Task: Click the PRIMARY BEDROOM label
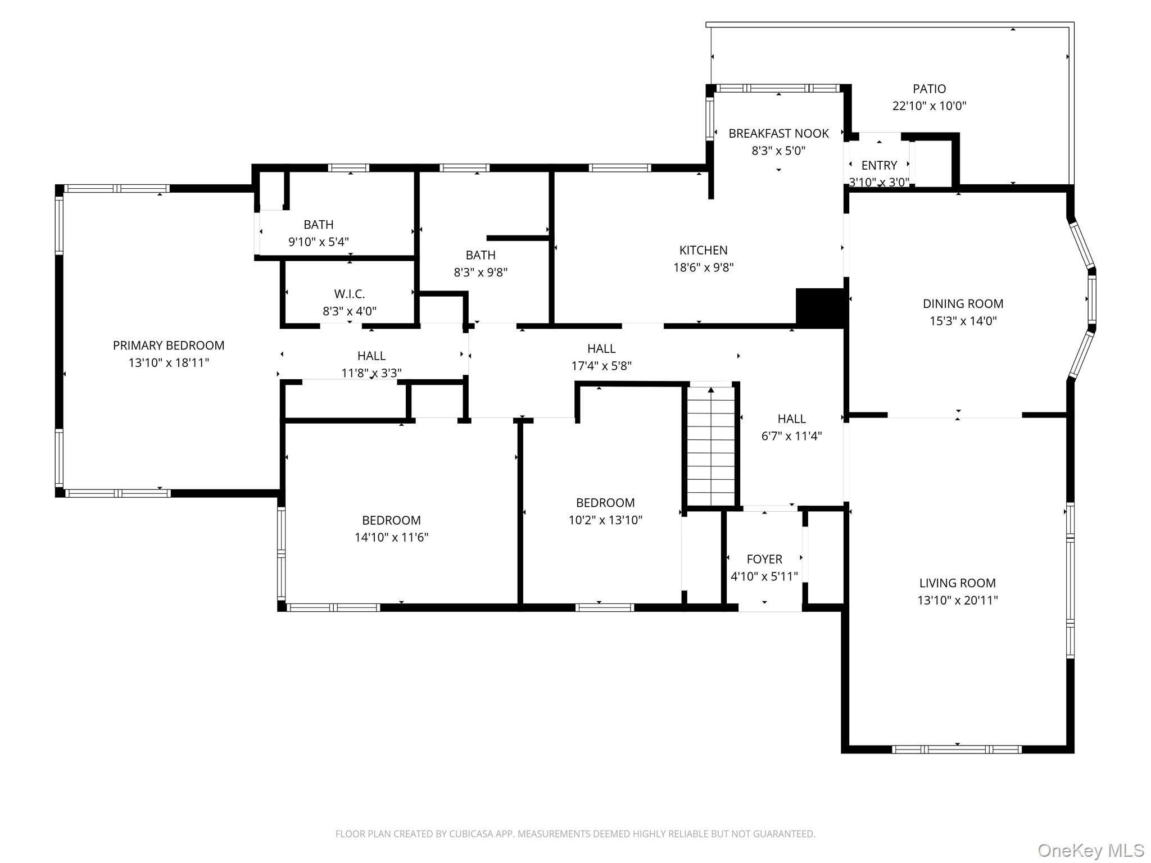click(169, 346)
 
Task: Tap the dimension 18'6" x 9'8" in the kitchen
click(703, 267)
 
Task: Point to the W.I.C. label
click(349, 294)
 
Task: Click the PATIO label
click(929, 89)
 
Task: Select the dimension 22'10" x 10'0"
click(929, 106)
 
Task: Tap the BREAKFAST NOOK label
click(778, 134)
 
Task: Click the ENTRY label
click(879, 165)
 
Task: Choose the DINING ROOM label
click(963, 304)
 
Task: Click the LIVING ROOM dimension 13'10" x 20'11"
click(957, 600)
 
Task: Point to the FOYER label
click(764, 559)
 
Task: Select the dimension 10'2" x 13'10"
click(605, 520)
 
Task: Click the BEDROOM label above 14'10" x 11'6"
click(391, 520)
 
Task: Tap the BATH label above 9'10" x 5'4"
click(318, 225)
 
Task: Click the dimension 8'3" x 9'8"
click(481, 272)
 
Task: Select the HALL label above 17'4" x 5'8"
click(601, 348)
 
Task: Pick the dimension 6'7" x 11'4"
click(791, 436)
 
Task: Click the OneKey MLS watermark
click(1091, 851)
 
